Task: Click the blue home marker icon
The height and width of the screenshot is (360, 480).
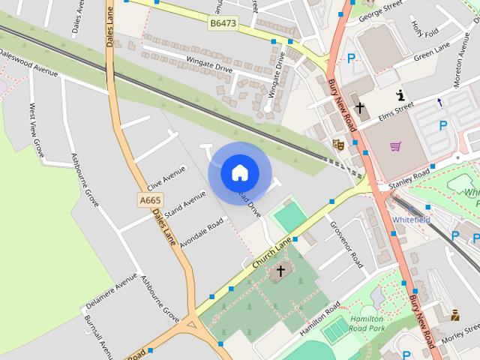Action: coord(239,172)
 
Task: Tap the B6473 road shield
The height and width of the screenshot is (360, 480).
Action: coord(222,24)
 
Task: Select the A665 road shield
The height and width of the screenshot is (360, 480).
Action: coord(150,200)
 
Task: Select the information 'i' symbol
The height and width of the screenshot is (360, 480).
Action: coord(400,94)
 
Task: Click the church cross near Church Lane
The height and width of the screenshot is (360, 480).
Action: coord(281,270)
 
